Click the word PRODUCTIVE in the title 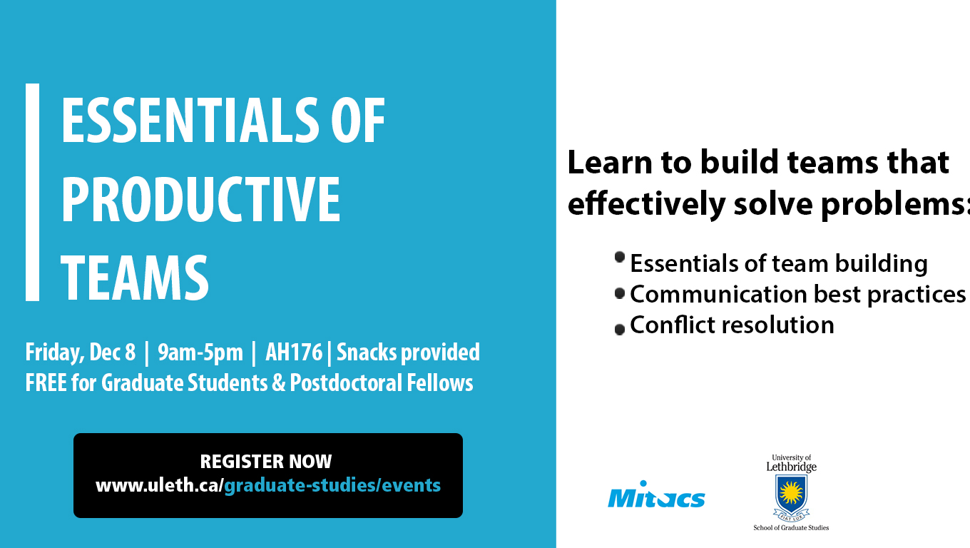[x=200, y=200]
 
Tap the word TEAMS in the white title [x=135, y=278]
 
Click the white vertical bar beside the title [x=33, y=192]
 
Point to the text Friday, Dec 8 [x=81, y=352]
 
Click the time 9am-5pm [x=200, y=352]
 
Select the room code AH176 [x=294, y=352]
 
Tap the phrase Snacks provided [x=409, y=352]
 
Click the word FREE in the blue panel [x=46, y=383]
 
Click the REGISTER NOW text [x=266, y=462]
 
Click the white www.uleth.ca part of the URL [x=158, y=485]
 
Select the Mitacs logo [x=656, y=494]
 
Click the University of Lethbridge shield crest [x=791, y=497]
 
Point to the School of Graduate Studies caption [x=791, y=527]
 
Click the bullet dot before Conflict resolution [x=620, y=330]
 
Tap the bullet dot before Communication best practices [x=620, y=293]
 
